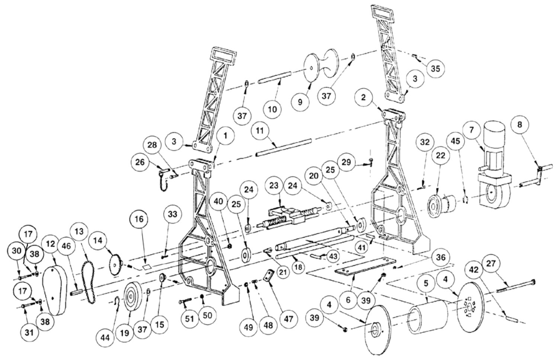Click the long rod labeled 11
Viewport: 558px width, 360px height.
(x=283, y=147)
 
